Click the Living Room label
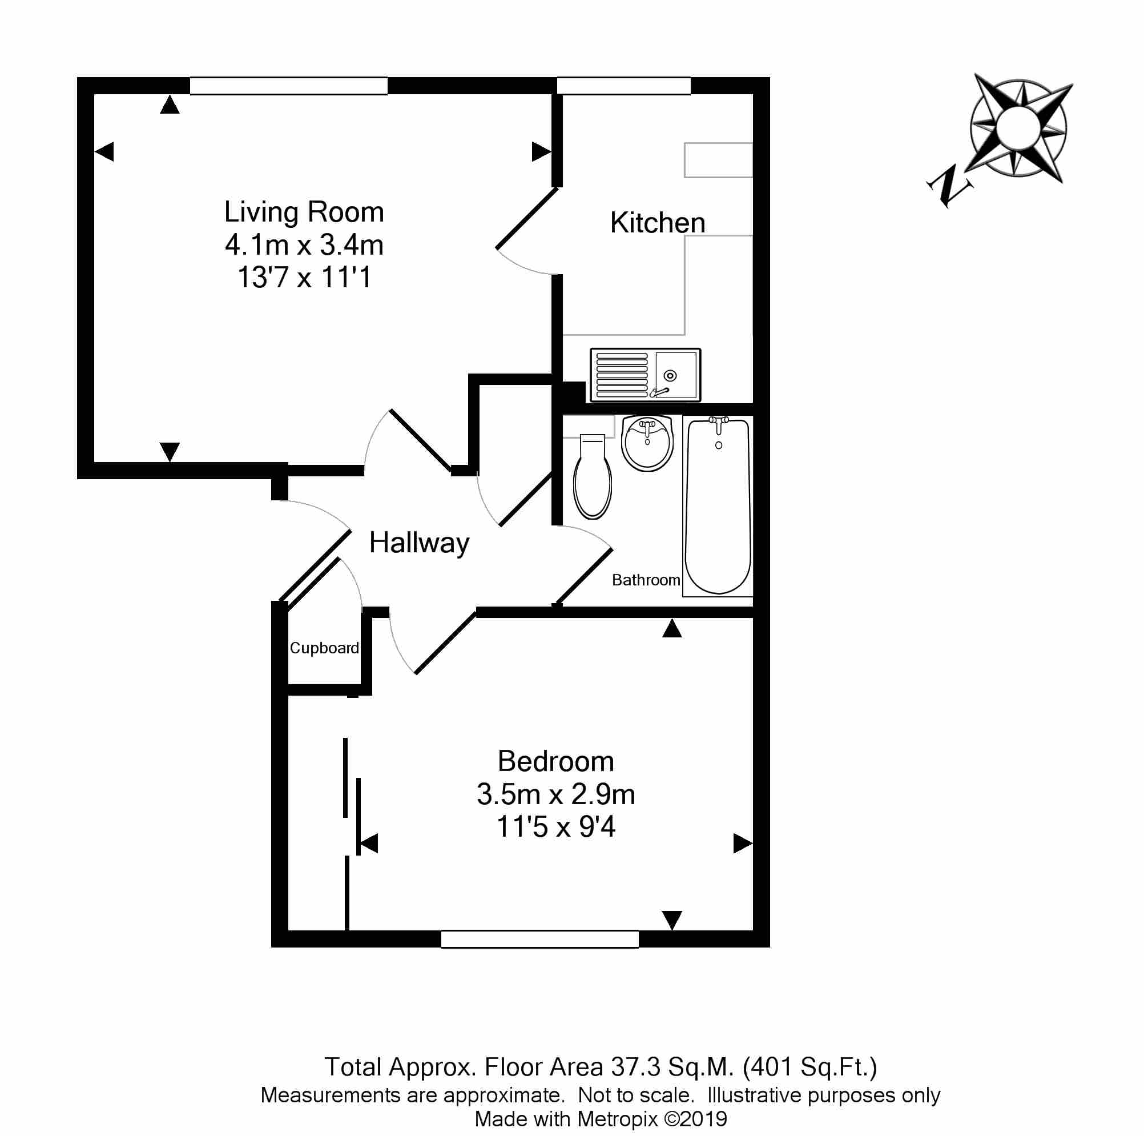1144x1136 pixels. click(x=304, y=212)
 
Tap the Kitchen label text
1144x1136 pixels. click(x=657, y=223)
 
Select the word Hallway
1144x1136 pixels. click(x=418, y=543)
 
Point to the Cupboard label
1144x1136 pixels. click(x=324, y=648)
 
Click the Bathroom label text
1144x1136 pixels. click(x=646, y=580)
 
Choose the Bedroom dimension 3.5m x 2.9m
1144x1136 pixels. click(x=555, y=794)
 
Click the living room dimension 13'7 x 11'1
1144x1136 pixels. click(x=304, y=277)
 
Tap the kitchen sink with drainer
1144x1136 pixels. click(x=645, y=375)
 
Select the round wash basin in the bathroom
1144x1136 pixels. click(x=647, y=443)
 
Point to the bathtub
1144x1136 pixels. click(x=718, y=505)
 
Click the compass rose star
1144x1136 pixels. click(x=1018, y=128)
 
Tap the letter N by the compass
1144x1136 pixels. click(x=949, y=186)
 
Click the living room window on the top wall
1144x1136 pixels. click(x=288, y=86)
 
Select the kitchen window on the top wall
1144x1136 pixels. click(x=623, y=86)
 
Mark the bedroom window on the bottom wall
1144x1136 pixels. click(x=539, y=939)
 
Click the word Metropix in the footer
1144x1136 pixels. click(x=618, y=1119)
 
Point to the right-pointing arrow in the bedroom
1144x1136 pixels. click(x=742, y=843)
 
